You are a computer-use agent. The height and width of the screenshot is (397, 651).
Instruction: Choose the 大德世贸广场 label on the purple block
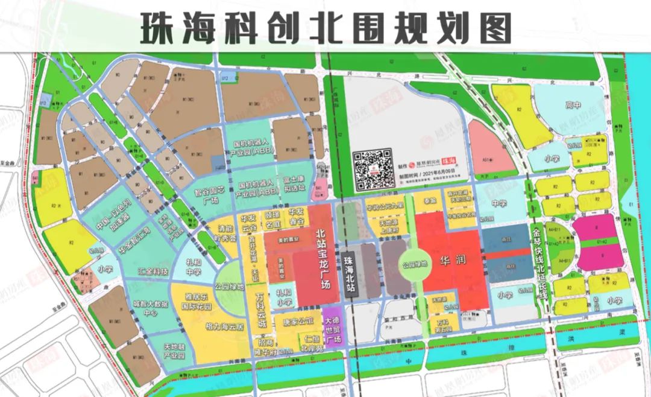point(332,329)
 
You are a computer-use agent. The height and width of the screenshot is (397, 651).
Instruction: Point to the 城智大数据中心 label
point(145,308)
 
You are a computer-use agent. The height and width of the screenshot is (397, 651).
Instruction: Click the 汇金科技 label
point(153,272)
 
